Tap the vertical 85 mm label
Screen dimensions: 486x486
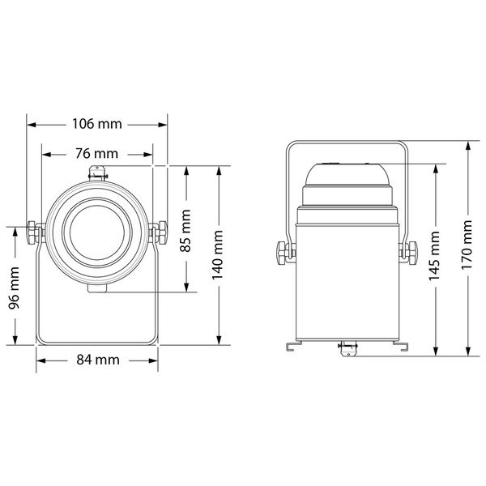pos(186,231)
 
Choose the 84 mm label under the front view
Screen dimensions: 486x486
pos(95,360)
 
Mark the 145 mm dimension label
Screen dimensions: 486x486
pos(437,255)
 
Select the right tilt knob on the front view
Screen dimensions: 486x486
pos(159,232)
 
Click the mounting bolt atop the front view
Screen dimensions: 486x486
pos(97,172)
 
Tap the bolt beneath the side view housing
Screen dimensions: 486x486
pos(346,347)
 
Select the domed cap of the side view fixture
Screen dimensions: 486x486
pos(347,174)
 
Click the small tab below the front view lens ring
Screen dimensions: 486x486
pos(97,288)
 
